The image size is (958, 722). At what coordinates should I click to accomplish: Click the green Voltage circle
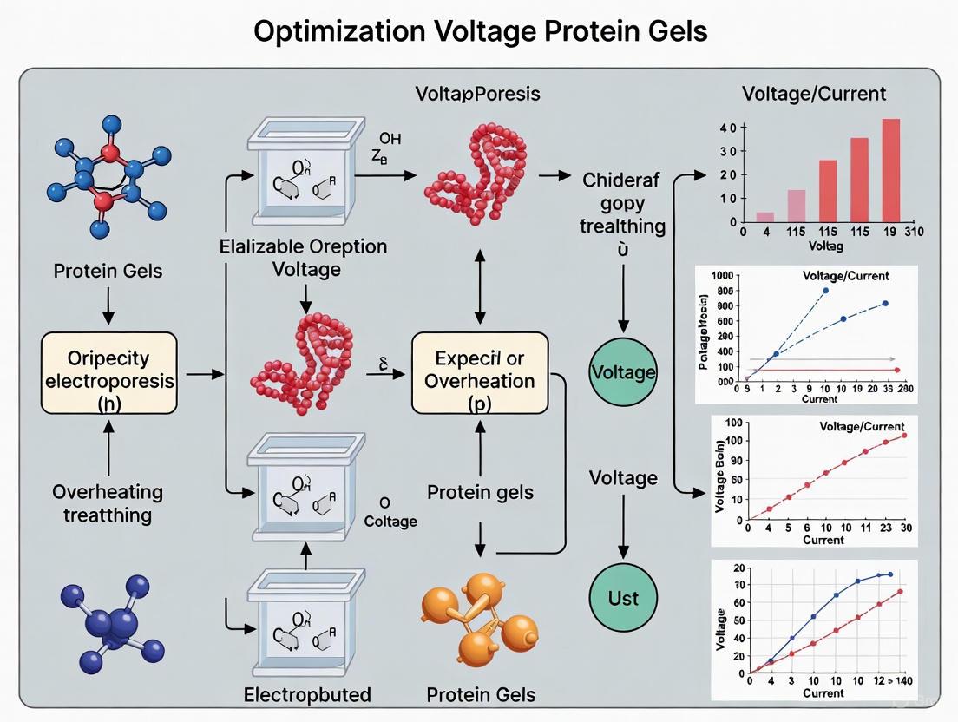pos(622,372)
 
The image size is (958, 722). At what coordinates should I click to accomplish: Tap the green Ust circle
pos(622,597)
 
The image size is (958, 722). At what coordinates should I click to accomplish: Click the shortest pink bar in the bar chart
pos(764,217)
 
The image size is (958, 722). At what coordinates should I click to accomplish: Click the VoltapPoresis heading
pos(477,93)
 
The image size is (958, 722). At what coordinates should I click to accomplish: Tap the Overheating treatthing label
pos(107,503)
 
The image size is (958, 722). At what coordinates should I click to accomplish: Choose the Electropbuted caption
pos(309,694)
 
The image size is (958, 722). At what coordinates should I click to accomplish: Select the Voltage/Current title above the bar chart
pos(814,93)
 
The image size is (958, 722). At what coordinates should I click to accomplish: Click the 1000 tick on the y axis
pos(722,275)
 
